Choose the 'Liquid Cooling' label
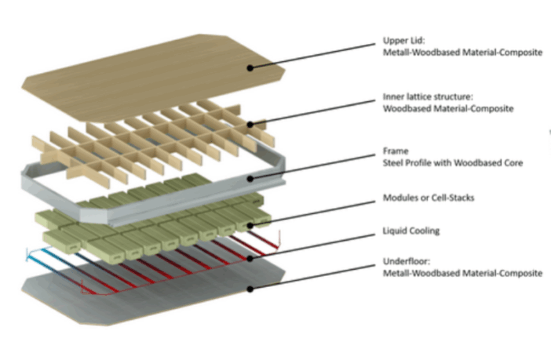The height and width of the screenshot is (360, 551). coord(411,230)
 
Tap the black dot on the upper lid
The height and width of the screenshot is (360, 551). coord(250,68)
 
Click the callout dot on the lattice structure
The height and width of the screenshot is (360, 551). coord(250,123)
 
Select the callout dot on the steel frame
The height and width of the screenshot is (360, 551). coord(250,178)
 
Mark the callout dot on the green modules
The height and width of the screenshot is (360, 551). coord(250,226)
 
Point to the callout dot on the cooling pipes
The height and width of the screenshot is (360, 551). coord(250,256)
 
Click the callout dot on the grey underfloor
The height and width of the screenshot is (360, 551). coord(250,288)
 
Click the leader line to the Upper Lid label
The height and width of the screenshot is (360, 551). coord(314,56)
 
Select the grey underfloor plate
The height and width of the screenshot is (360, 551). coord(157,294)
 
